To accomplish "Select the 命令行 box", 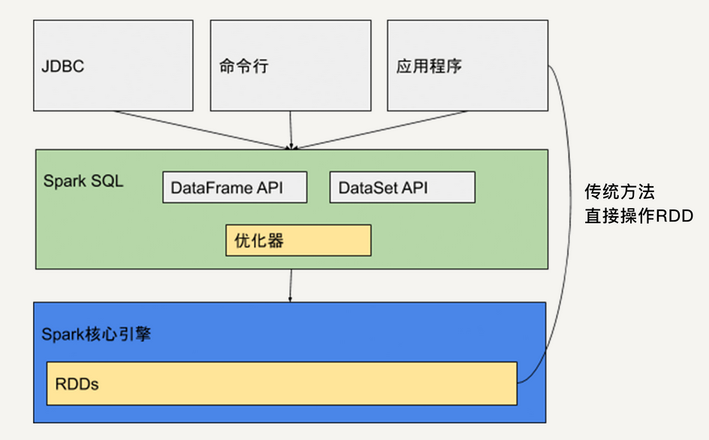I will coord(290,65).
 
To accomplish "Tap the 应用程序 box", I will coord(467,65).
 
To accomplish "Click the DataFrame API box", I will coord(234,188).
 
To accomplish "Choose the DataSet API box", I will coord(402,188).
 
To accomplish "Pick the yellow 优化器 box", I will coord(298,241).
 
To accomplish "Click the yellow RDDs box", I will coord(282,384).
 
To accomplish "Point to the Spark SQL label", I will coord(83,182).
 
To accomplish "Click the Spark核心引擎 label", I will coord(96,334).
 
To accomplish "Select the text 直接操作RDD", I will coord(638,216).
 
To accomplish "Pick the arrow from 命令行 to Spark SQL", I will coord(291,129).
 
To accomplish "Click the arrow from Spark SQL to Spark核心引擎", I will coord(291,285).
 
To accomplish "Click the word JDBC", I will coord(63,66).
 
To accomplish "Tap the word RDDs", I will coord(77,384).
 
